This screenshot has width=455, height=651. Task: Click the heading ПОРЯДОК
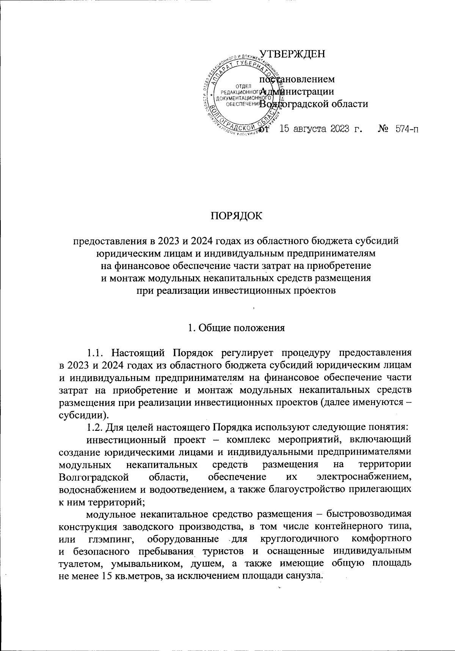click(x=236, y=216)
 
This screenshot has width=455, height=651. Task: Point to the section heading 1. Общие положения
click(x=236, y=328)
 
